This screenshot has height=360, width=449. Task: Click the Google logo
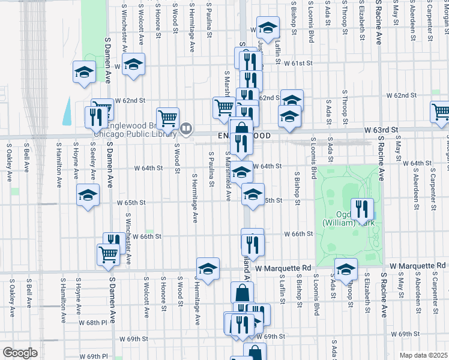[x=20, y=353]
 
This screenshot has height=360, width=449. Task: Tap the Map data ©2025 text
[x=424, y=355]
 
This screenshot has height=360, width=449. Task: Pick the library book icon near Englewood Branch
[x=186, y=127]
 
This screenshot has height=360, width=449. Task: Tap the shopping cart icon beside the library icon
[x=167, y=118]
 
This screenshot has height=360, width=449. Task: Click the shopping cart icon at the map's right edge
[x=441, y=112]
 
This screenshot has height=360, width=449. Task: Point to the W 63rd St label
[x=381, y=130]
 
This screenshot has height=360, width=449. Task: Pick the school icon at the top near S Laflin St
[x=268, y=28]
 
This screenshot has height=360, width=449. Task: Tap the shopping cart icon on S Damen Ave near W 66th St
[x=108, y=254]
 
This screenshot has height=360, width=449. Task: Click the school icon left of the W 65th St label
[x=88, y=195]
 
